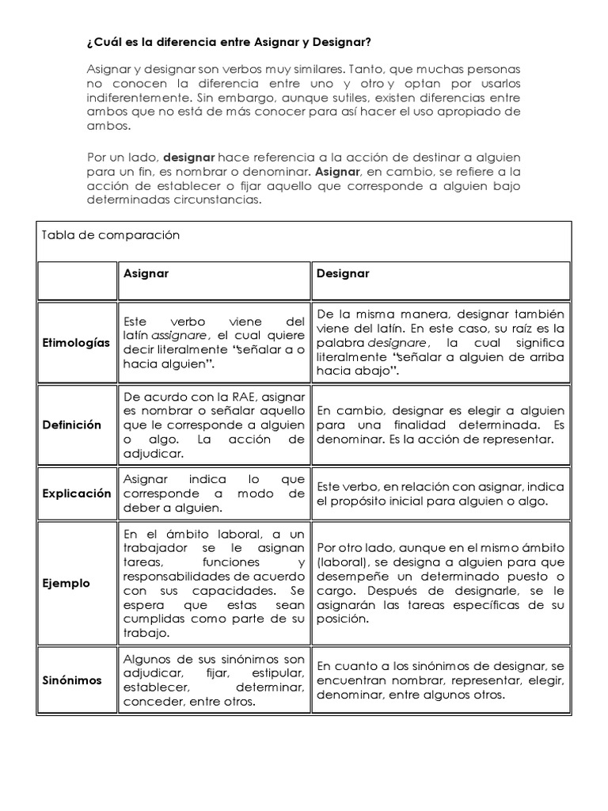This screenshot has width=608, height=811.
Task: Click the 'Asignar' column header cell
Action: click(x=146, y=273)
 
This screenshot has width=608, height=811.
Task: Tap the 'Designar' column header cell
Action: click(x=343, y=273)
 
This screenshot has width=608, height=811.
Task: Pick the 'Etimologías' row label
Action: click(x=76, y=343)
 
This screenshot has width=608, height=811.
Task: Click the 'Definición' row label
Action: click(x=73, y=425)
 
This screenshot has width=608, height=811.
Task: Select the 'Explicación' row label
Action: click(x=76, y=493)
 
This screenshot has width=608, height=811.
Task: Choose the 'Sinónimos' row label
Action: click(x=73, y=680)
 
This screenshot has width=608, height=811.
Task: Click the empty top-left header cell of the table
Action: click(x=76, y=281)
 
